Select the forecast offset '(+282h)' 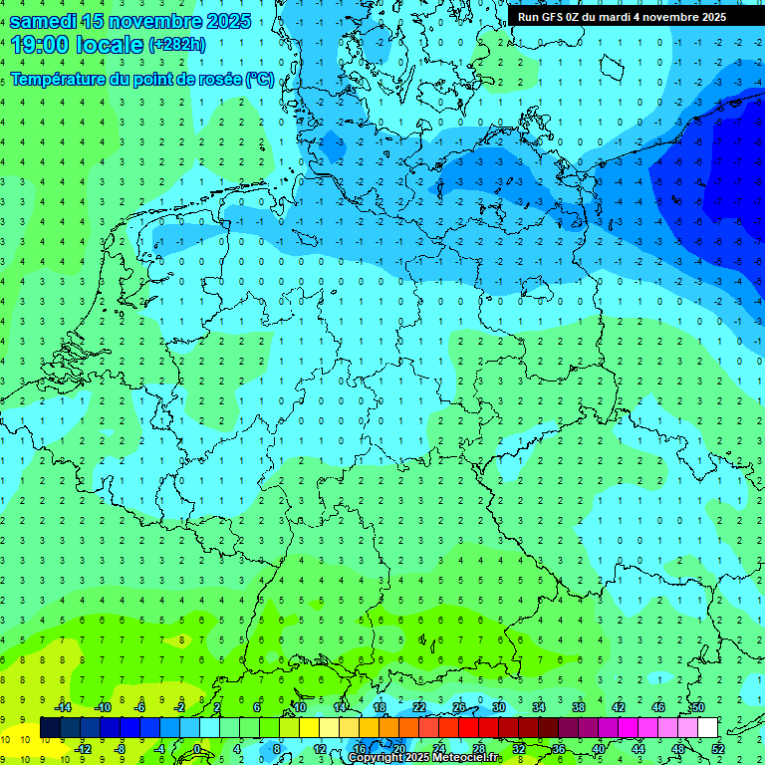[x=177, y=45]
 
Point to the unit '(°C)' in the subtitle [x=260, y=79]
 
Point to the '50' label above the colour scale [x=697, y=707]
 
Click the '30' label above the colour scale [x=498, y=707]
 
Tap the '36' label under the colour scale [x=558, y=749]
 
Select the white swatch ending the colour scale [x=707, y=728]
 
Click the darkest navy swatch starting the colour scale [x=50, y=728]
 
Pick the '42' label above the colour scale [x=618, y=707]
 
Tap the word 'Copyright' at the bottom [x=376, y=758]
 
